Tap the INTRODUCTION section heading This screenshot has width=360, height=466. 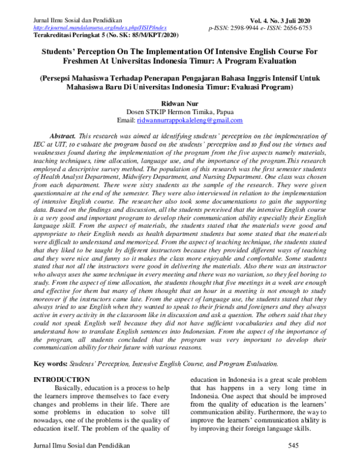(61, 380)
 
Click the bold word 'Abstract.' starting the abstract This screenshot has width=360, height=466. (66, 137)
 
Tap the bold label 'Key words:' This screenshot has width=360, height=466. (50, 364)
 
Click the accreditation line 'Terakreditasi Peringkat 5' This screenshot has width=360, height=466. (67, 35)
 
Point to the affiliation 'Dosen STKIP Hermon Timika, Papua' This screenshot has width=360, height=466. (180, 112)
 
